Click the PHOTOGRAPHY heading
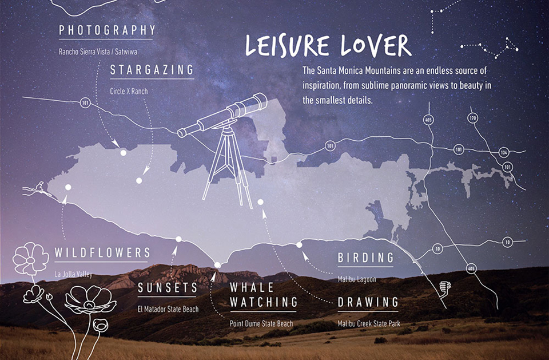(107, 30)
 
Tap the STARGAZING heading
(152, 70)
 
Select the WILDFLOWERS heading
(103, 253)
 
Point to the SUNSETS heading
(168, 288)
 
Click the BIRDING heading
(365, 258)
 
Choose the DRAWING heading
(368, 302)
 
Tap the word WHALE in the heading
(252, 287)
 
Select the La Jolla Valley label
(74, 274)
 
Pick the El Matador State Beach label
(168, 310)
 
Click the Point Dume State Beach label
(261, 324)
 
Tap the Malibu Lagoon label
(357, 279)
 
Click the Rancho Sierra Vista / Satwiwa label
(98, 52)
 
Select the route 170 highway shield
(472, 118)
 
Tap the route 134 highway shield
(503, 152)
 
